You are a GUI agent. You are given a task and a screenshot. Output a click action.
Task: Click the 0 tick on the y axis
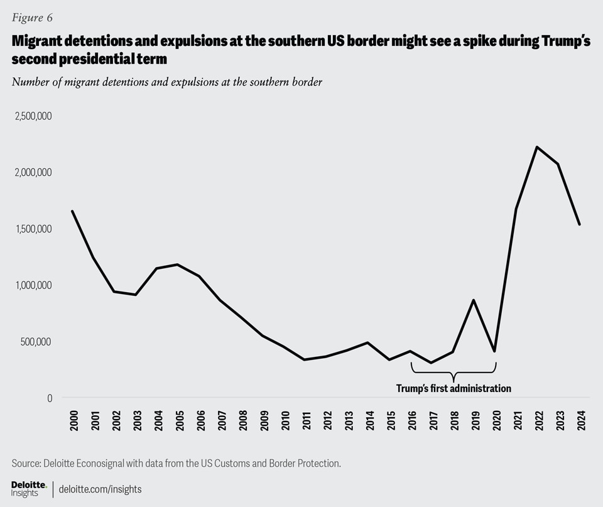tap(49, 398)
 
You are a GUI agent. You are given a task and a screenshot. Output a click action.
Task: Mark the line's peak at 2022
tap(536, 147)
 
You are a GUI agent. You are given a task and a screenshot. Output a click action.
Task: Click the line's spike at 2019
tap(474, 300)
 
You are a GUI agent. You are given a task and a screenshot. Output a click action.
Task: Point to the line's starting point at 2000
tap(72, 211)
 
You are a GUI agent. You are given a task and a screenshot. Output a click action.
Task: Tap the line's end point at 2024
tap(579, 224)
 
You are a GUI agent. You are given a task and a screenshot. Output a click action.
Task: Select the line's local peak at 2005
tap(178, 264)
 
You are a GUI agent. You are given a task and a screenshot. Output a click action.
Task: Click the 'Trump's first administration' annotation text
tap(454, 388)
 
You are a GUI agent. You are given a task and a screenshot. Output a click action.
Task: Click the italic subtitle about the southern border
tap(166, 82)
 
